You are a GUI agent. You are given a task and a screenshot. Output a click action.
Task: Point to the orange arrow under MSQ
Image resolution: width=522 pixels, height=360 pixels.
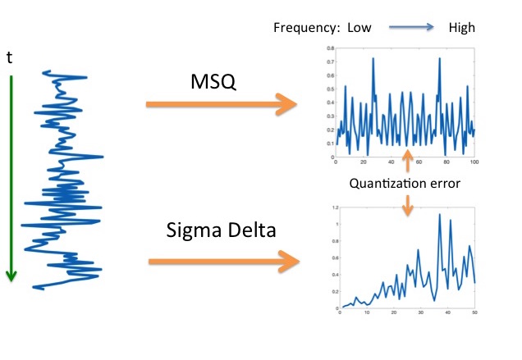pyautogui.click(x=221, y=104)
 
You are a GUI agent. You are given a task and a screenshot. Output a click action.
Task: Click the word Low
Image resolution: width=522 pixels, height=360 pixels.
pyautogui.click(x=359, y=28)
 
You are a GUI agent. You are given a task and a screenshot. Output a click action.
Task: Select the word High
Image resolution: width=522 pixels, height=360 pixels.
pyautogui.click(x=462, y=28)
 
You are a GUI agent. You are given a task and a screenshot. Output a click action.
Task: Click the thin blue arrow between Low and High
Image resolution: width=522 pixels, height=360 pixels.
pyautogui.click(x=411, y=28)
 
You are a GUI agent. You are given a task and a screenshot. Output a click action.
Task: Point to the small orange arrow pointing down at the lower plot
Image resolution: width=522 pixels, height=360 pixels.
pyautogui.click(x=406, y=207)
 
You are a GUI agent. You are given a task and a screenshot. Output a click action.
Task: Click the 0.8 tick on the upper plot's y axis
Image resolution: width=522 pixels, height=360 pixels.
pyautogui.click(x=330, y=49)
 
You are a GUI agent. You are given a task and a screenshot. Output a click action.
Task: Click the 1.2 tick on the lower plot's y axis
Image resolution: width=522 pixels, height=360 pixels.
pyautogui.click(x=332, y=208)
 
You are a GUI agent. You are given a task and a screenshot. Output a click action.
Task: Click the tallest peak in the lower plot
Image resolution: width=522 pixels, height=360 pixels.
pyautogui.click(x=440, y=216)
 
